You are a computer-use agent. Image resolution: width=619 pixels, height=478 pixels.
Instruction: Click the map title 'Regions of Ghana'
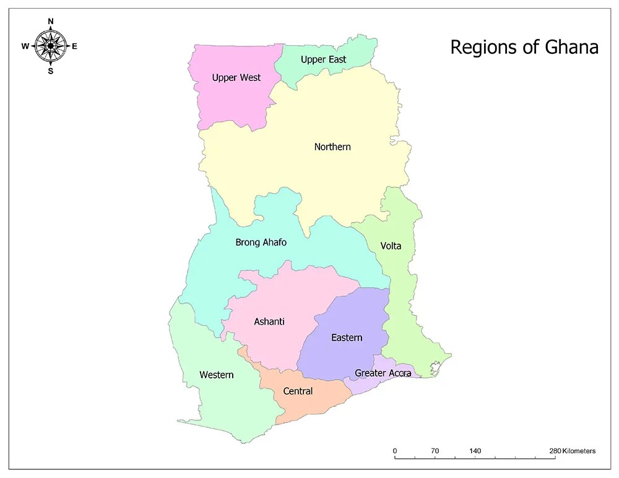coord(524,48)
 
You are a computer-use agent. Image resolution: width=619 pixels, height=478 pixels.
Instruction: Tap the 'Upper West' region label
coord(236,78)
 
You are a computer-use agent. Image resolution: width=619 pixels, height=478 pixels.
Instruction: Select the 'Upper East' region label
coord(323,59)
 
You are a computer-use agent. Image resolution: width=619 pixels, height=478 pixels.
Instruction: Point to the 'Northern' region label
coord(332,147)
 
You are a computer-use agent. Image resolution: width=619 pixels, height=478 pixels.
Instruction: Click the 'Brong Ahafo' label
coord(261,242)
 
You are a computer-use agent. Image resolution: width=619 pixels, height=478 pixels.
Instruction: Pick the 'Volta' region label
coord(391,246)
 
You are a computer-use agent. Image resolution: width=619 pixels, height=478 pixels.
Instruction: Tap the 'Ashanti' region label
coord(269,322)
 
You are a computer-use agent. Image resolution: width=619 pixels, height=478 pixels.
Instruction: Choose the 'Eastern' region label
coord(347,338)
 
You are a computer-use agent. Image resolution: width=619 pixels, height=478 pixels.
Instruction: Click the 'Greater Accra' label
coord(383,373)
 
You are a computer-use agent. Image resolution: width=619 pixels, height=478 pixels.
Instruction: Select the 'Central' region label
coord(298,391)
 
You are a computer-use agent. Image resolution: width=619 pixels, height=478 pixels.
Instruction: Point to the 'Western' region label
coord(217,375)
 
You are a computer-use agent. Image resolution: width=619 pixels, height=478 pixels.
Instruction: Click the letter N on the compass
coord(51,22)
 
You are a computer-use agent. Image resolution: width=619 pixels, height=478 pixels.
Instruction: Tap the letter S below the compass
coord(51,70)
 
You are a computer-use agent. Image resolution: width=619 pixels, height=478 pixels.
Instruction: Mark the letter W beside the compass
coord(25,46)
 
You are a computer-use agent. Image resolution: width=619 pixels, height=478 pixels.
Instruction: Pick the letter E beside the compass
coord(75,46)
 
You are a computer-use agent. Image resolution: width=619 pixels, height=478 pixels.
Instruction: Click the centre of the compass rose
coord(51,46)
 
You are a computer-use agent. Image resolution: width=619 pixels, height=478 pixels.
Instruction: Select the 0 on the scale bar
coord(395,451)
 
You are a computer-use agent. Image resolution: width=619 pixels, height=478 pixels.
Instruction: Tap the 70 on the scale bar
coord(435,451)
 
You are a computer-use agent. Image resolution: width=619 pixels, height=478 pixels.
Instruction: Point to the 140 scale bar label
coord(475,451)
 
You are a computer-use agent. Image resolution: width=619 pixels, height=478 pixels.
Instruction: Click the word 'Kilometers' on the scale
coord(579,451)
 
